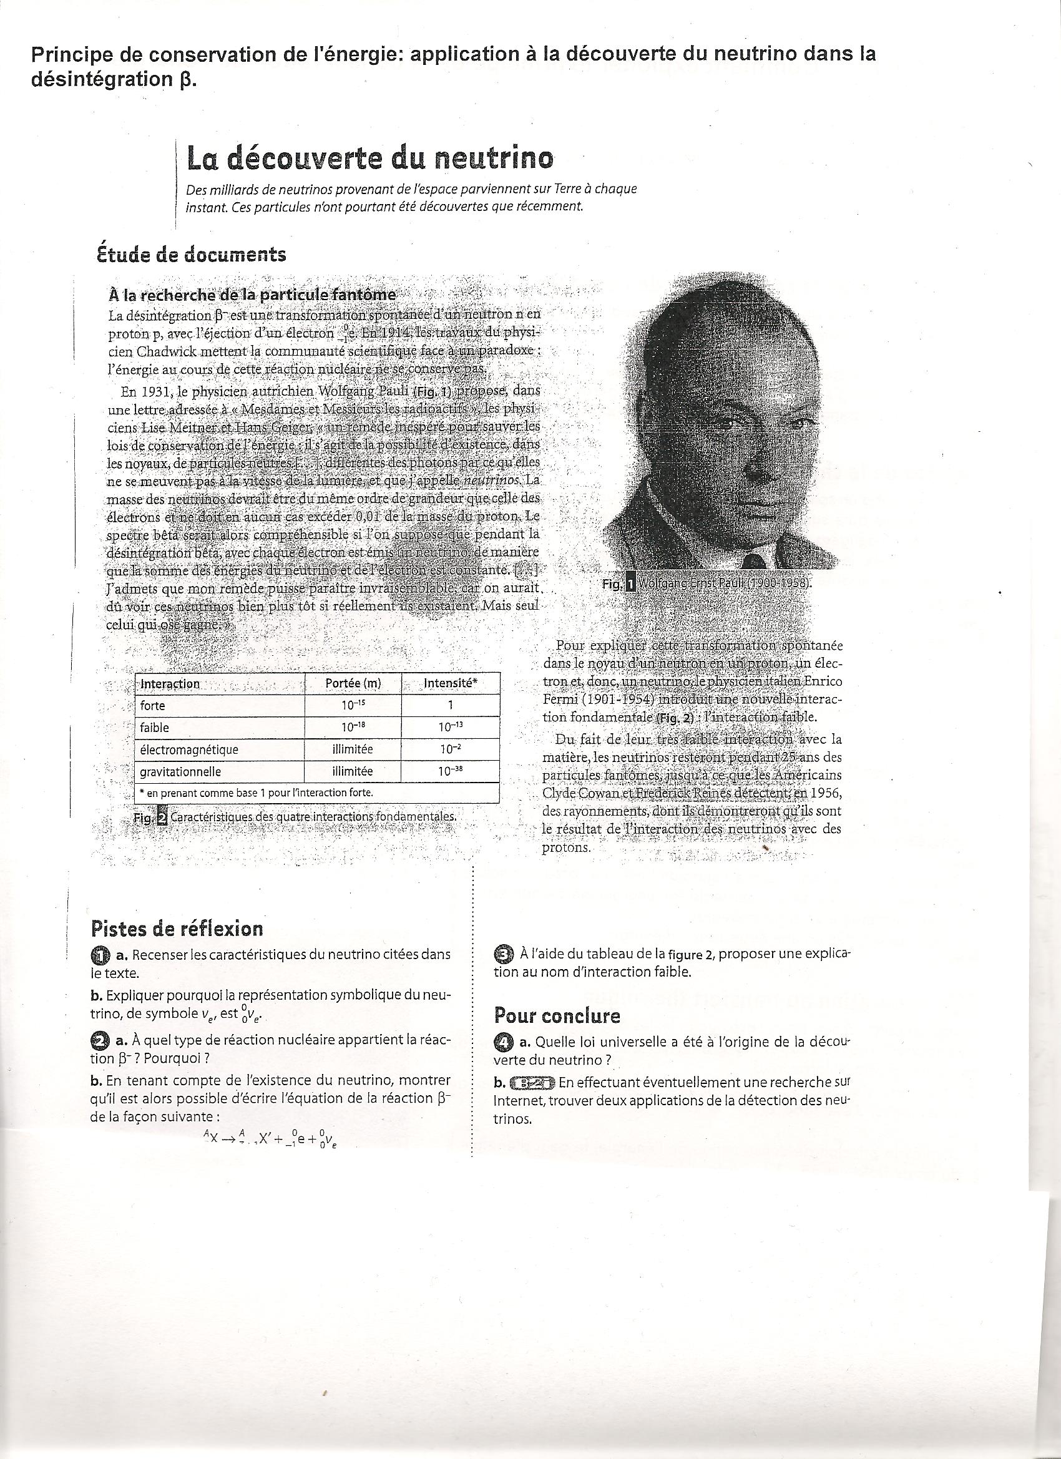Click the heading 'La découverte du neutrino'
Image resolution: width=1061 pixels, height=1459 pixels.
369,159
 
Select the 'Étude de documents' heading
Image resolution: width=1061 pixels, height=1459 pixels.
190,255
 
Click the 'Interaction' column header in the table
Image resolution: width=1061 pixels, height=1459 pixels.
170,684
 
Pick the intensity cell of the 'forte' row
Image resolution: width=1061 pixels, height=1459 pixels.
451,706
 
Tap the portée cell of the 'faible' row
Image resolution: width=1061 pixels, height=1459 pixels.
353,728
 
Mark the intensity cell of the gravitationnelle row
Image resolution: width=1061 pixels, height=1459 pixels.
451,771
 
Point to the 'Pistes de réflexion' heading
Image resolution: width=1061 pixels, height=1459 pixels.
177,929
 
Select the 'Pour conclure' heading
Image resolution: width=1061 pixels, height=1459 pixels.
557,1017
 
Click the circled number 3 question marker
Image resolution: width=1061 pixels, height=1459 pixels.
504,954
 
